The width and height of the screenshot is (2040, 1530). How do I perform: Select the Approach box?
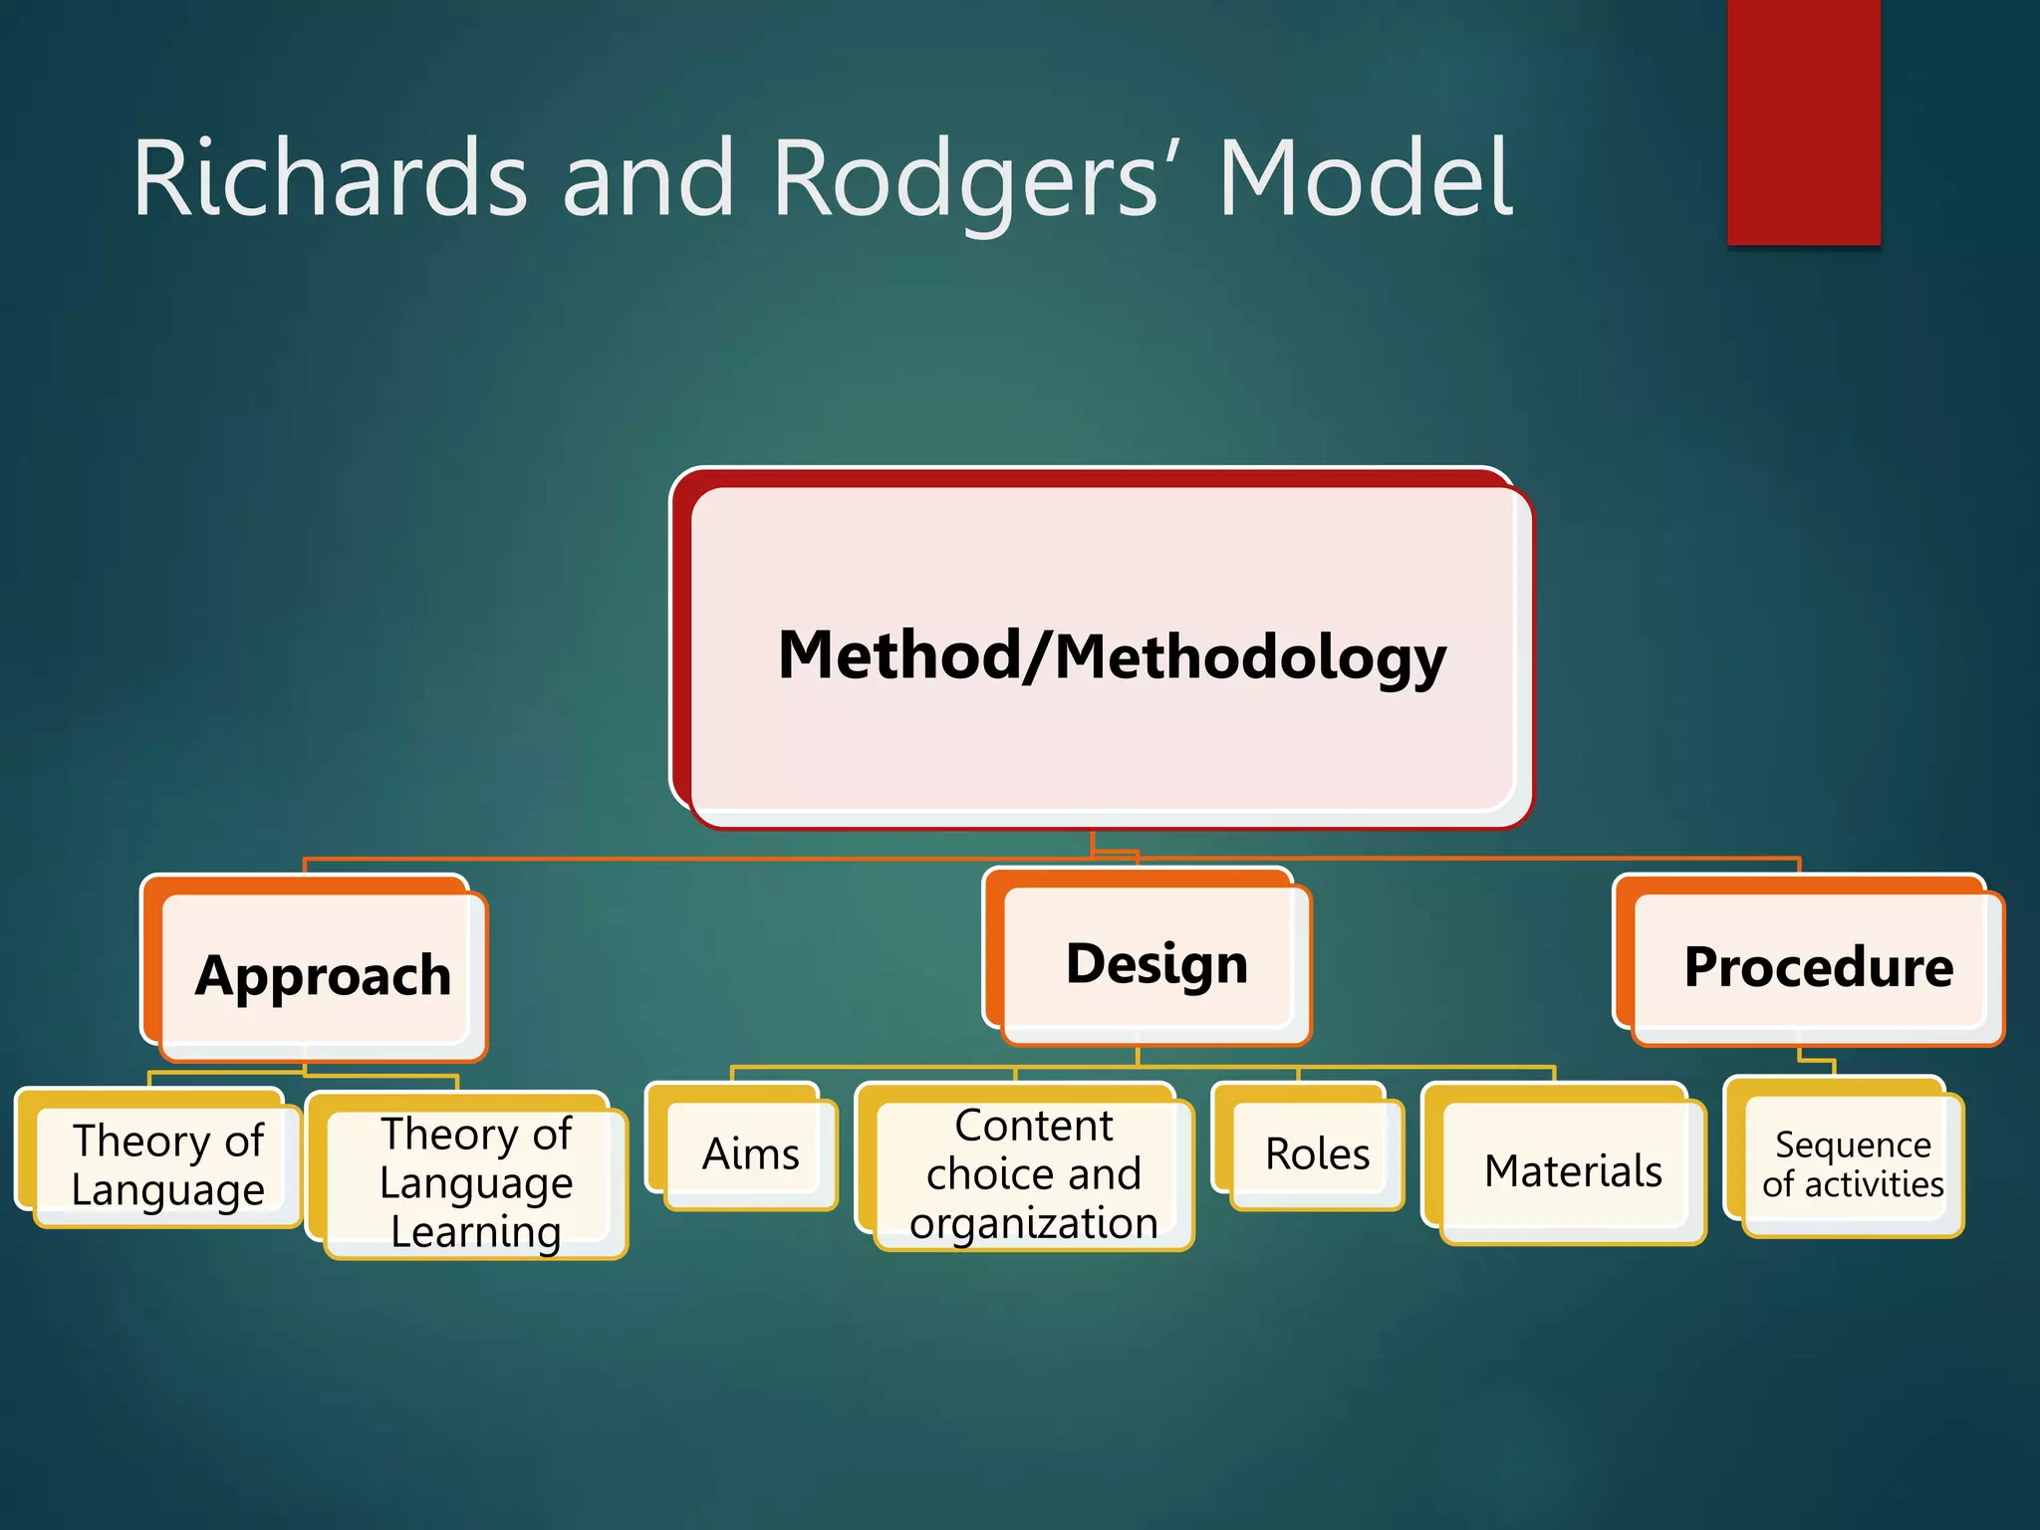324,975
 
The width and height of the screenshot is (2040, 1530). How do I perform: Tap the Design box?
1156,963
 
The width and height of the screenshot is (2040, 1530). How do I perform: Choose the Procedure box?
1818,966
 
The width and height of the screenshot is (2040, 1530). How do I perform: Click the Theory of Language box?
167,1163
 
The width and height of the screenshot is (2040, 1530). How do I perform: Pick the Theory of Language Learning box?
476,1181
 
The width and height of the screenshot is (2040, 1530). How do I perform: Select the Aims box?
751,1153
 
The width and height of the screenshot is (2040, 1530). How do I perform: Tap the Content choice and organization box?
1033,1173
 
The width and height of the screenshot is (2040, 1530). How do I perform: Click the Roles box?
1317,1153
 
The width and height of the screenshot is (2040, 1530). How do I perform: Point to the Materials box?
1573,1170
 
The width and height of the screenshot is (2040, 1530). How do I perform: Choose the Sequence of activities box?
1853,1163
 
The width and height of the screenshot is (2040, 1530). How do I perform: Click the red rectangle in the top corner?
1803,120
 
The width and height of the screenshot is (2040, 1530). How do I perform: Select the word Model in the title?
1365,179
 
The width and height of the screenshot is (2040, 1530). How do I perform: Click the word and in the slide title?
647,179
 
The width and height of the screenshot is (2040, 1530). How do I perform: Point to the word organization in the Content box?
1033,1223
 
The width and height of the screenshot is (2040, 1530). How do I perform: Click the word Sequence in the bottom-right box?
1853,1145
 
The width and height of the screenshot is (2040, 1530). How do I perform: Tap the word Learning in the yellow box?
476,1232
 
